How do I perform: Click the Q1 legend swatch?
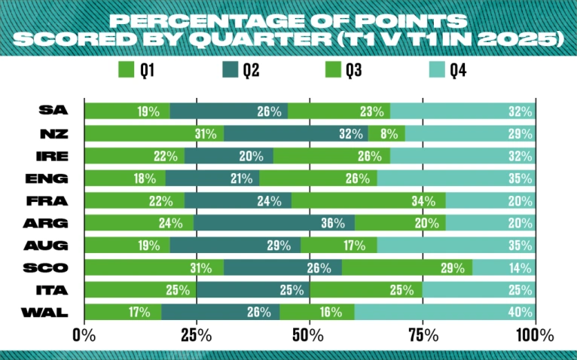pos(127,72)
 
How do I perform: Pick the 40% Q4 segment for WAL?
pos(444,313)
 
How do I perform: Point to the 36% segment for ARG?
pos(274,223)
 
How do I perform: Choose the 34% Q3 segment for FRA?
pos(368,201)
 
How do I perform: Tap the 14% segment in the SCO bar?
pos(504,268)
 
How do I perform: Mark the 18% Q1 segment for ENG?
pos(124,178)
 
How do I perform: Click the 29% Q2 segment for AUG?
pos(235,246)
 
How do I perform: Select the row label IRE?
pos(57,157)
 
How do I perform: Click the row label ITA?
pos(58,290)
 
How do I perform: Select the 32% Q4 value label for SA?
pos(520,111)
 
